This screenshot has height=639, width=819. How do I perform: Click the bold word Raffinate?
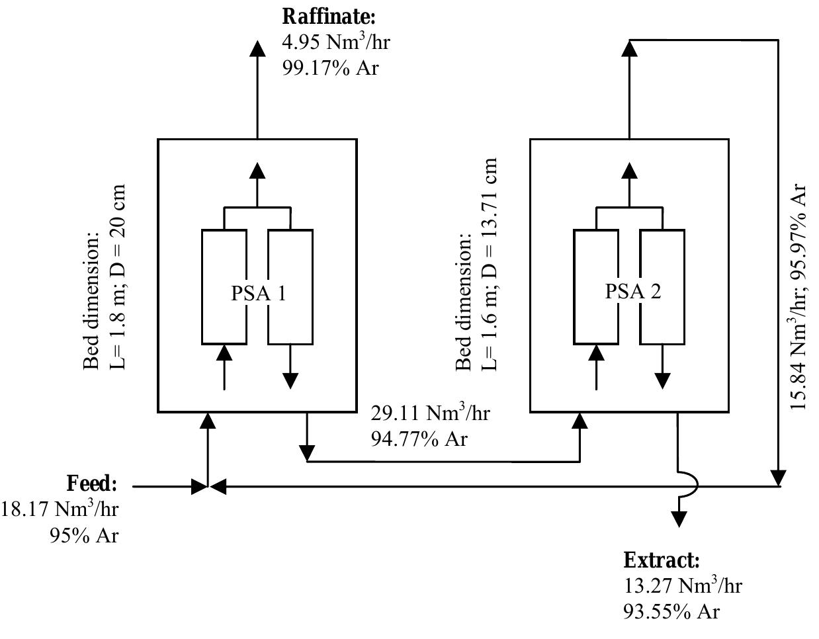329,16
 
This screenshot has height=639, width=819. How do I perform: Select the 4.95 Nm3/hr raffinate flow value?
336,42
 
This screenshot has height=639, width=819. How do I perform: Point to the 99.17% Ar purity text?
330,67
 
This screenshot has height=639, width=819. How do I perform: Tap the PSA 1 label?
258,292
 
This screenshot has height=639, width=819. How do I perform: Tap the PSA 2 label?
632,291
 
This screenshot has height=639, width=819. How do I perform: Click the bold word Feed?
92,484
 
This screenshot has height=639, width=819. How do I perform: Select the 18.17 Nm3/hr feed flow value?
60,509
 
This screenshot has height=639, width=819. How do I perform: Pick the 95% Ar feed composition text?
84,534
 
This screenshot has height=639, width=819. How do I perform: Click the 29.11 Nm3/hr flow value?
430,413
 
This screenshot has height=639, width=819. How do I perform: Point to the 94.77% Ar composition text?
419,439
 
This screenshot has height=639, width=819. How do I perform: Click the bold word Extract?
661,560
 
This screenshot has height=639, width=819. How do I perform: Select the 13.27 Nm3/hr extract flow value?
682,586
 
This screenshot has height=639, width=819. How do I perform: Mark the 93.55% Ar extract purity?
671,612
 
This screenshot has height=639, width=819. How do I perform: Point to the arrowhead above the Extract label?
679,519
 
